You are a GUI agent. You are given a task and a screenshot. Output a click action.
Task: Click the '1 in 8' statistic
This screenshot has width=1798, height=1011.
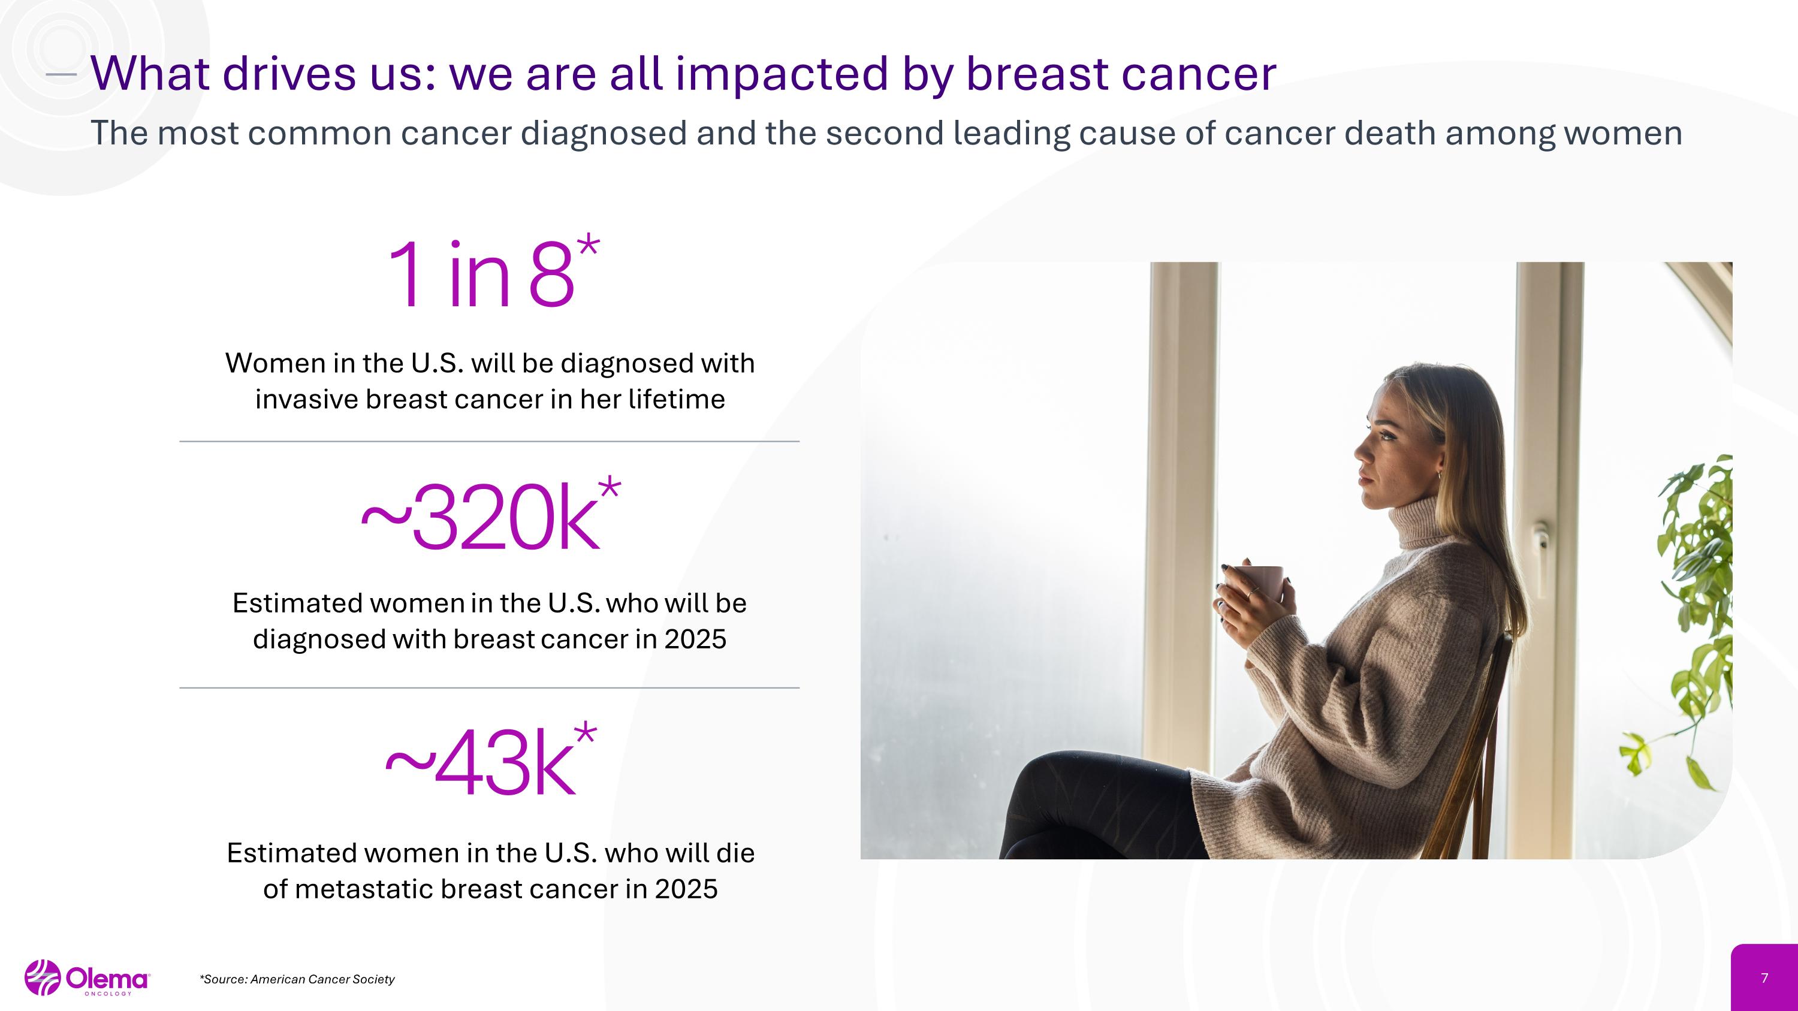[482, 273]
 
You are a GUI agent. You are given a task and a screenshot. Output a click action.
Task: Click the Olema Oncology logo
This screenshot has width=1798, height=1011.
[86, 978]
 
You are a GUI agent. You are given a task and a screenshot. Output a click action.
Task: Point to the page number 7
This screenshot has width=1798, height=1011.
[1764, 978]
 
